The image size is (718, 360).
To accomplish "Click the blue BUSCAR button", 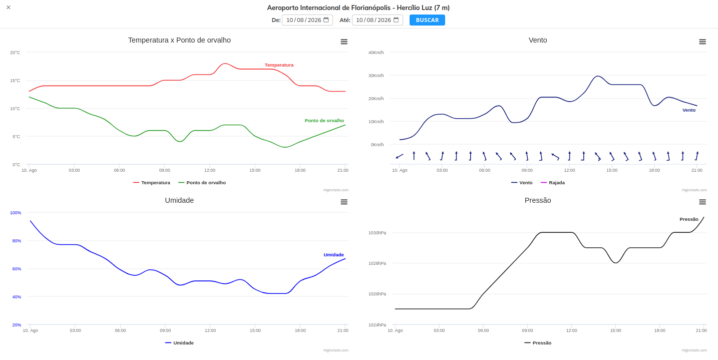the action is (x=427, y=20).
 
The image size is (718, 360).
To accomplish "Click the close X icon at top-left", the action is (x=9, y=8).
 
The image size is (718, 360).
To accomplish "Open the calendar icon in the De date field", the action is (x=326, y=20).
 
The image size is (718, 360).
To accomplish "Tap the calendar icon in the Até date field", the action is (x=396, y=20).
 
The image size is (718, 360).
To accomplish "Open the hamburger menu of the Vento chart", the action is (x=702, y=42).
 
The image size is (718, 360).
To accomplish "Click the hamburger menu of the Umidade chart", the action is (x=344, y=202).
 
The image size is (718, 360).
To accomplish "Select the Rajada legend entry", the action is (x=553, y=183).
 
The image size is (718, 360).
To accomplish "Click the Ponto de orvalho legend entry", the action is (x=202, y=183).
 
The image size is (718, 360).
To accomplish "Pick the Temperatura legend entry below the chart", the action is (x=152, y=183).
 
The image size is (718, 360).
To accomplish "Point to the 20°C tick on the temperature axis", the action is (x=15, y=53).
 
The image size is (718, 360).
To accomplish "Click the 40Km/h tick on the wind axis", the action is (x=376, y=53).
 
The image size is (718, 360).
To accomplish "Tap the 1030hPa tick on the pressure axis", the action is (x=377, y=233).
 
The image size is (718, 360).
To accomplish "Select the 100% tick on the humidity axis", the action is (x=16, y=213).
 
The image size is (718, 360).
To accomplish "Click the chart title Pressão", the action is (x=538, y=200).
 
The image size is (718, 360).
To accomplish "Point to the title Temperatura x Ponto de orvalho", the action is (x=179, y=40).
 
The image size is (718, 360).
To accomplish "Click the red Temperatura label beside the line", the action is (x=279, y=65).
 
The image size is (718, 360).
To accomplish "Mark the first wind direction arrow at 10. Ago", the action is (x=400, y=156).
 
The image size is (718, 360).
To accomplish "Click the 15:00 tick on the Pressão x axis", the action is (x=615, y=330).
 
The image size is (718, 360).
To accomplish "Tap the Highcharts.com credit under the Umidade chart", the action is (x=336, y=350).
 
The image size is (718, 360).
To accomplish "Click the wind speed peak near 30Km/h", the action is (x=597, y=76).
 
